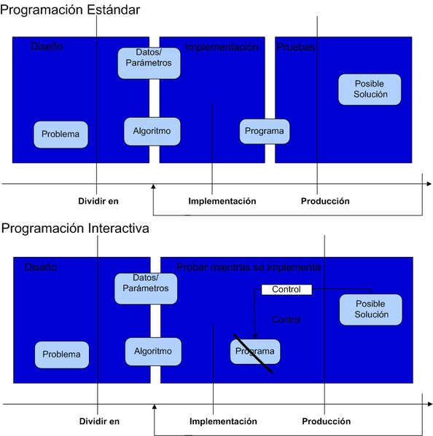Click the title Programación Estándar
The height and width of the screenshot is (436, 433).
[71, 9]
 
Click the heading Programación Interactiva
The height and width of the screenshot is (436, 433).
[75, 229]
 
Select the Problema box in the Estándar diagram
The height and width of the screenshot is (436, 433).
[61, 135]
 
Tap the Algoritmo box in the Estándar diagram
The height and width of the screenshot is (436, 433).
[152, 131]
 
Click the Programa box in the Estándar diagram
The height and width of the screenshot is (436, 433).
[265, 131]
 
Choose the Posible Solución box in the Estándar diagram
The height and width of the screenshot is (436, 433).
[370, 90]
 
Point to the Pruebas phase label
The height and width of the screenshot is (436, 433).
[295, 47]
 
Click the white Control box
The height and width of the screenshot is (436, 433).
[286, 290]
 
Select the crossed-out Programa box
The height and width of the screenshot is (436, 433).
[255, 352]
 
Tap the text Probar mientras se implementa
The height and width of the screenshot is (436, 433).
[249, 267]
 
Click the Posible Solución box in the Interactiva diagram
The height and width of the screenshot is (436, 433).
[371, 309]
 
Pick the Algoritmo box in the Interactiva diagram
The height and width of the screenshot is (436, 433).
[152, 352]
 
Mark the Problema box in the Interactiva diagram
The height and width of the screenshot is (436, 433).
[62, 354]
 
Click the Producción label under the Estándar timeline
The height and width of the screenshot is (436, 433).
[325, 202]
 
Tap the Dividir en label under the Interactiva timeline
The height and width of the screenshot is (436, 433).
[99, 421]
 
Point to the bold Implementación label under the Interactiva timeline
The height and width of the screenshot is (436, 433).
[223, 421]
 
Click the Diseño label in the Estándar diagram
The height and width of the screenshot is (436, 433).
[47, 47]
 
